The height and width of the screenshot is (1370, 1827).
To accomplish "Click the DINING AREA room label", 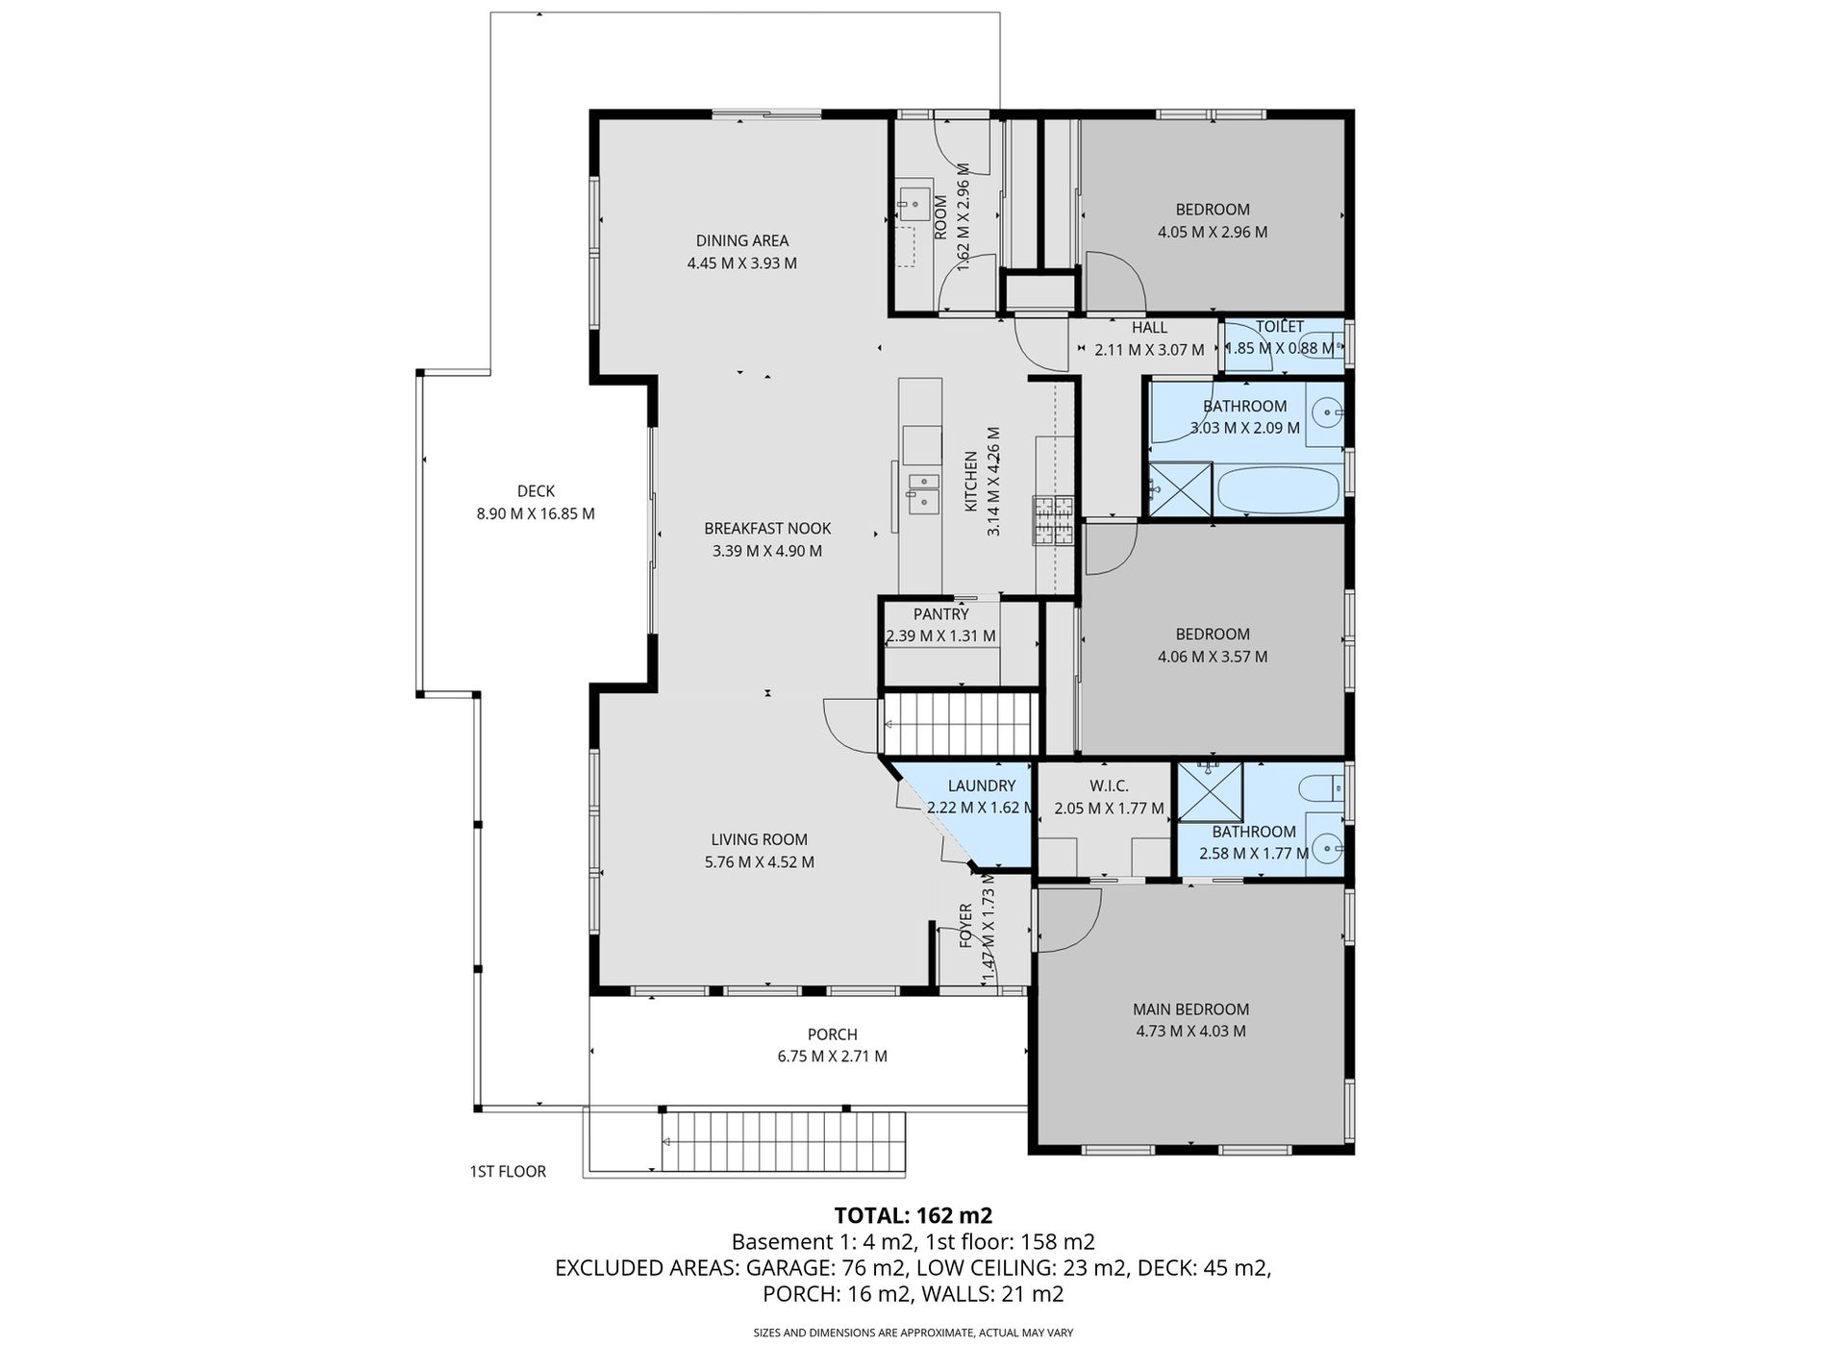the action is click(x=742, y=240).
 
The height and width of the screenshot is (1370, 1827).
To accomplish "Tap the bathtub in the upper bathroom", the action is click(x=1277, y=490).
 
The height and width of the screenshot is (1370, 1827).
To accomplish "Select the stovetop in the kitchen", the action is click(x=1054, y=520).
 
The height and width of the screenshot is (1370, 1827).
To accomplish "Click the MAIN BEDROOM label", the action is click(x=1190, y=1009).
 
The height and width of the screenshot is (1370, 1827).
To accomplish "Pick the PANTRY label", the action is click(x=941, y=613).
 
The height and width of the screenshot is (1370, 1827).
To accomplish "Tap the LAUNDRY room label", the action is click(x=981, y=785).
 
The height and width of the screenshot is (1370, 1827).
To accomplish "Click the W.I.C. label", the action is click(x=1110, y=785).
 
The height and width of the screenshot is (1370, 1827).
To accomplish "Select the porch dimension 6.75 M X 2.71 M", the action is click(x=833, y=1056).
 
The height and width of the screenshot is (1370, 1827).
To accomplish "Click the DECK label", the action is click(x=536, y=491).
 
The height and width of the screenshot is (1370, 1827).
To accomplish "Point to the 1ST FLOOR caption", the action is click(x=508, y=1171).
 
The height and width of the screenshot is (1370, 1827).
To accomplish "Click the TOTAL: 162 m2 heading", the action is click(x=913, y=1215).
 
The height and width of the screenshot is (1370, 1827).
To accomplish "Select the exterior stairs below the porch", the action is click(x=784, y=1142).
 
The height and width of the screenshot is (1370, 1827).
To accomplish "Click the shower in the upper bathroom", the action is click(x=1181, y=490).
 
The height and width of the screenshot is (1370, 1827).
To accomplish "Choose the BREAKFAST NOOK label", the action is click(x=767, y=528).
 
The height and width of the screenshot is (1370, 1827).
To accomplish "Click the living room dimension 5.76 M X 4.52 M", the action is click(x=760, y=862).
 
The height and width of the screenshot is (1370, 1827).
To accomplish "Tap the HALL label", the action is click(x=1149, y=328).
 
